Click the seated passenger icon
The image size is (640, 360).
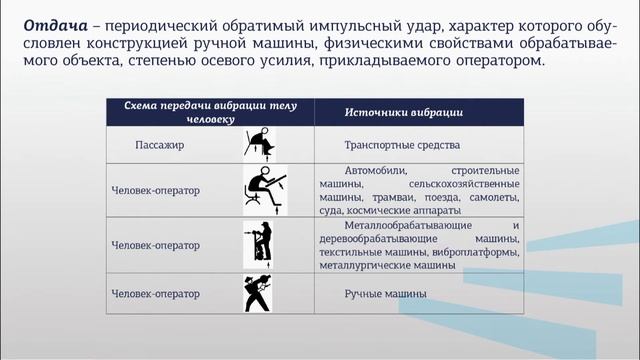click(x=263, y=145)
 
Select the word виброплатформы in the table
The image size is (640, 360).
click(x=478, y=254)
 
